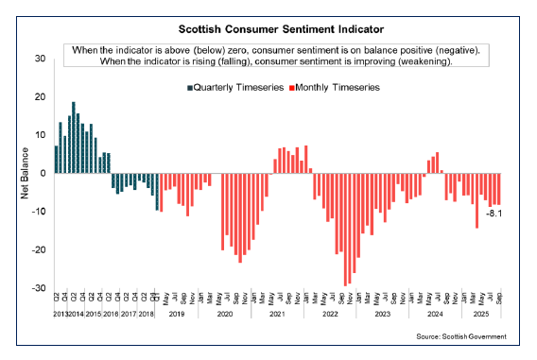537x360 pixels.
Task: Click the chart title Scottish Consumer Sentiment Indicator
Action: [268, 28]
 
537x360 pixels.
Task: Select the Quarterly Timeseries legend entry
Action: [234, 87]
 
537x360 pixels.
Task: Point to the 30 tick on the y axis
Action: [39, 59]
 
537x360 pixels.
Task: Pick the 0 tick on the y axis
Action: [42, 174]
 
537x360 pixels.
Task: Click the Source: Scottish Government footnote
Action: [461, 337]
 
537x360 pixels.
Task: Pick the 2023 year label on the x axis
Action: [381, 313]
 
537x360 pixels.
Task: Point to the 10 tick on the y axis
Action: [39, 135]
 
